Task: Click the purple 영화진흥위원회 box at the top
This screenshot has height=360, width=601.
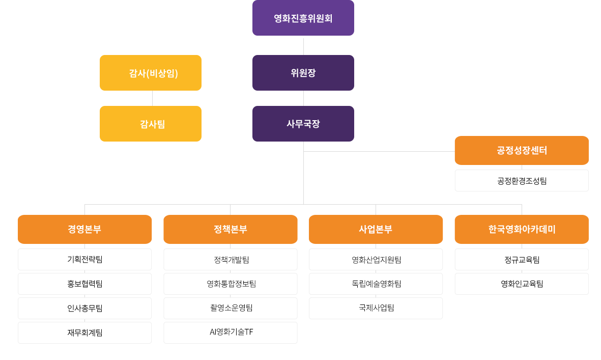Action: tap(303, 18)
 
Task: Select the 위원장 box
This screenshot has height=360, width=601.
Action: tap(303, 73)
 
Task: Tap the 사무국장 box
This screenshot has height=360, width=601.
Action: tap(303, 124)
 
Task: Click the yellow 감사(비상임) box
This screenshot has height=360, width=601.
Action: tap(151, 73)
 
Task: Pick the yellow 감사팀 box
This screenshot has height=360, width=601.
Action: tap(151, 124)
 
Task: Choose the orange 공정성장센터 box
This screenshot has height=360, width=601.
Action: tap(521, 150)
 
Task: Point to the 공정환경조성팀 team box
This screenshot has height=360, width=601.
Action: tap(521, 181)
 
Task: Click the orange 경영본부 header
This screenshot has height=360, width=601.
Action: tap(84, 229)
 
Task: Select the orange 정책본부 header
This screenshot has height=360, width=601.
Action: tap(230, 229)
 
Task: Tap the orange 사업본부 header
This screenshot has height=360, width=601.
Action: tap(376, 229)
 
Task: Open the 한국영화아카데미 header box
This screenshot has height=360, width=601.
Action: tap(521, 229)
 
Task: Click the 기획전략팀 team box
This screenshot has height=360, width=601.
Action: tap(84, 260)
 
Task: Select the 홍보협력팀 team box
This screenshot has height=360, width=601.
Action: tap(84, 284)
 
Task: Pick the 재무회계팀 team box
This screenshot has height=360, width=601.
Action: tap(84, 333)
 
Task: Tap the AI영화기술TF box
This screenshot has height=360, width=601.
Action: tap(230, 333)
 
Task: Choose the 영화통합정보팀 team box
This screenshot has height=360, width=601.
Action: tap(230, 284)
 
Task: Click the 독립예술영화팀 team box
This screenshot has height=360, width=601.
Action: tap(376, 284)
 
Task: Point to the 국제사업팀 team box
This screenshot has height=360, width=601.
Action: tap(376, 309)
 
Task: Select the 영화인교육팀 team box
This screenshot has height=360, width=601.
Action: tap(521, 284)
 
